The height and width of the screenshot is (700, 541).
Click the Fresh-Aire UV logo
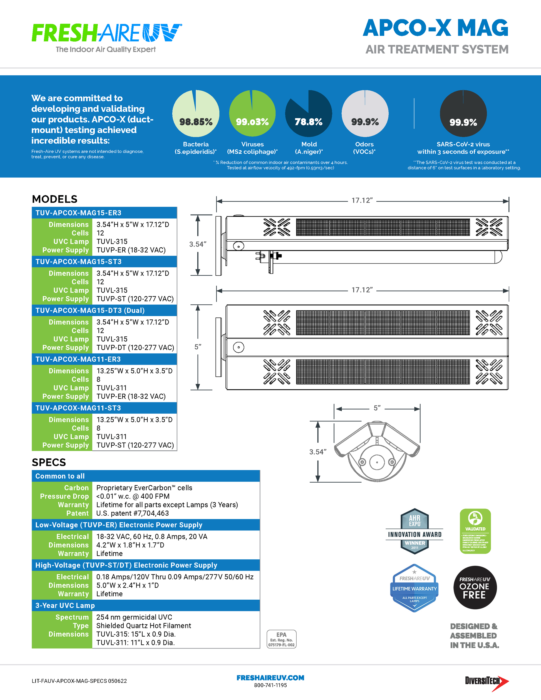click(107, 37)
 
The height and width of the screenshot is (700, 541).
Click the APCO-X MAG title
click(435, 28)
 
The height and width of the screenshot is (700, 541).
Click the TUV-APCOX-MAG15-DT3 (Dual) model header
click(90, 310)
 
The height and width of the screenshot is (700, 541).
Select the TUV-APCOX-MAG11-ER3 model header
click(78, 359)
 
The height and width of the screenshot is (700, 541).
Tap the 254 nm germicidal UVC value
click(134, 617)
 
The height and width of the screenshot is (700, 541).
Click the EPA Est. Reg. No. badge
click(281, 639)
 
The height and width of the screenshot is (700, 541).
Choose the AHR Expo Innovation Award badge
click(415, 531)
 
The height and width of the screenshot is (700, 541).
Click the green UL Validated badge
click(475, 531)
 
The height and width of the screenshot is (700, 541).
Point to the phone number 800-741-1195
click(270, 685)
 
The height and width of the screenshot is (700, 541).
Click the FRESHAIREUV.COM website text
click(270, 677)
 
